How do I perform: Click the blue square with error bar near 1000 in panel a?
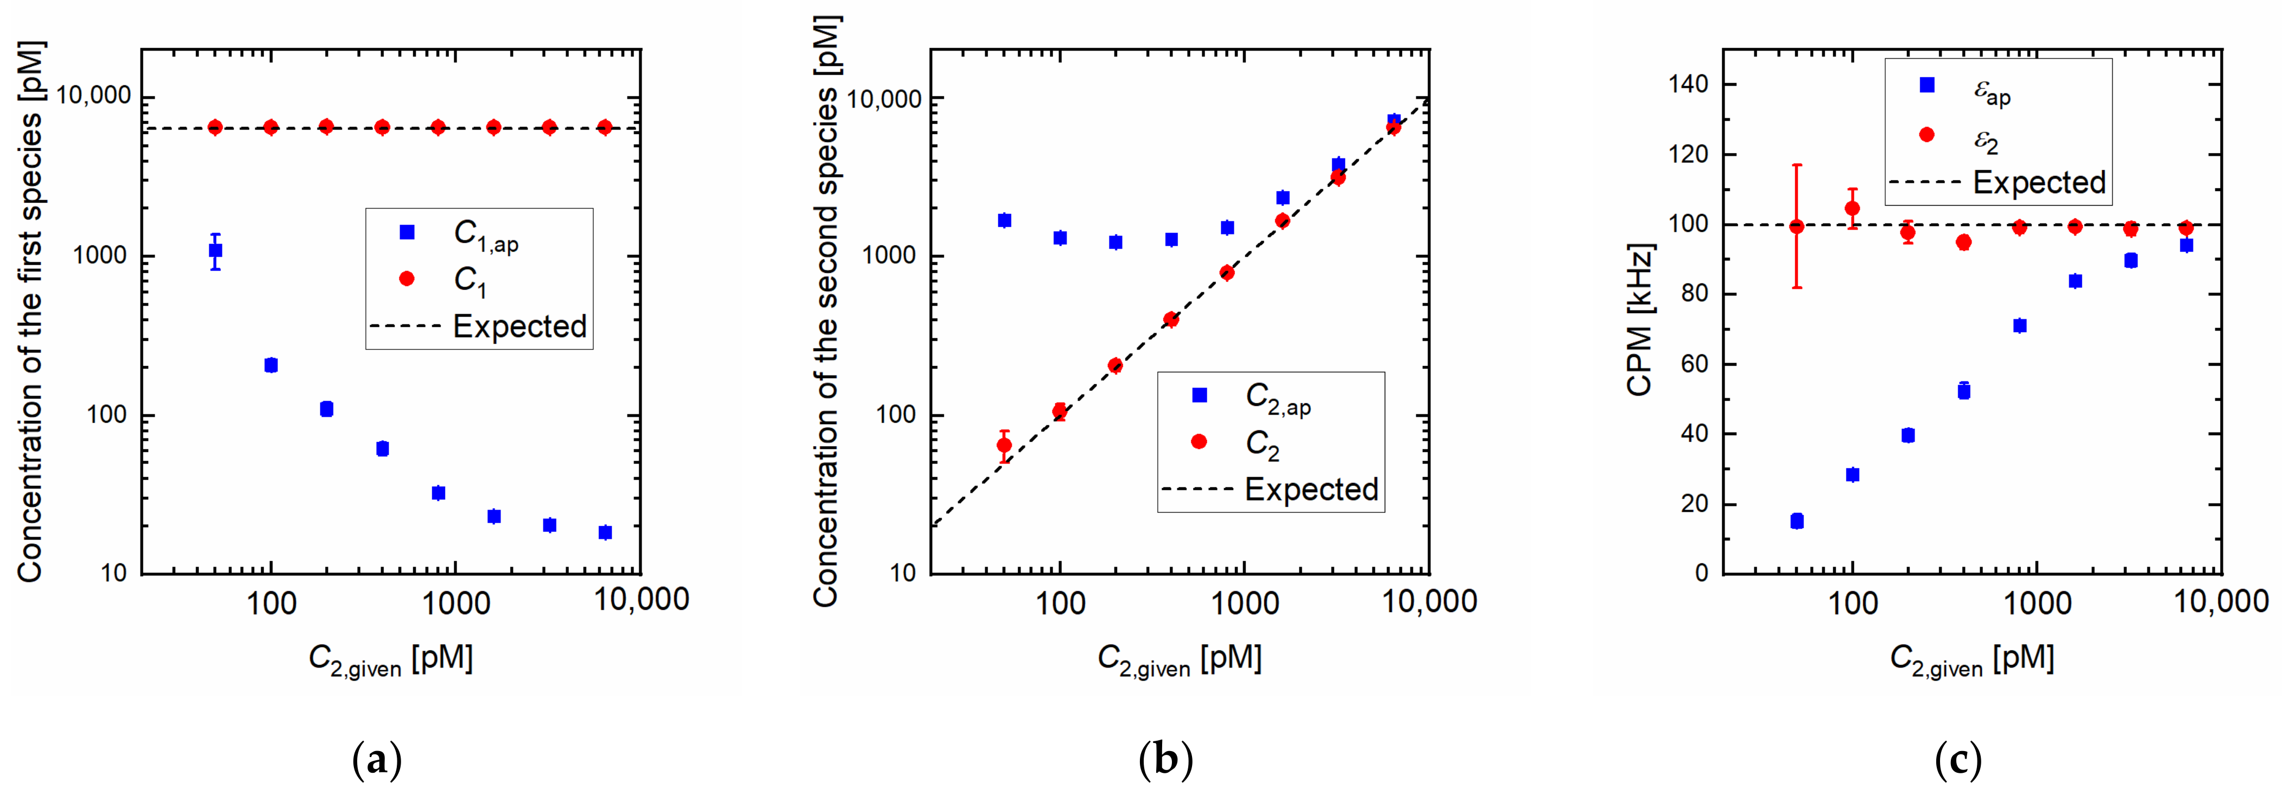click(215, 251)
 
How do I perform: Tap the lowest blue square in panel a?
click(605, 532)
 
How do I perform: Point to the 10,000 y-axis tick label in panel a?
click(93, 96)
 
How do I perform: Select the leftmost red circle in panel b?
click(1004, 446)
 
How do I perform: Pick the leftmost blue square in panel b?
click(1004, 220)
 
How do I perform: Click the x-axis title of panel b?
click(1179, 659)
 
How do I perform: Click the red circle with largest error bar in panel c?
click(1797, 227)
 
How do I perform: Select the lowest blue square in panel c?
click(1797, 521)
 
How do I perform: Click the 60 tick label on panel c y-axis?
click(1694, 364)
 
